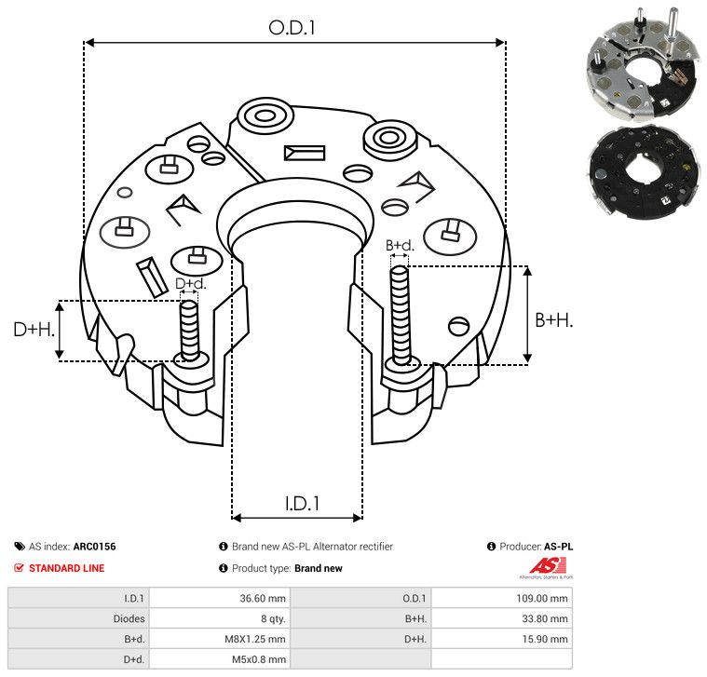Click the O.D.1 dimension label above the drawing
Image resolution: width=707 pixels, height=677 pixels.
292,28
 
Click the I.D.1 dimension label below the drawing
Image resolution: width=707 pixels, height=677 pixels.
302,504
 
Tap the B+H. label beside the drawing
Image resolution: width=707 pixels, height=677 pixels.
553,320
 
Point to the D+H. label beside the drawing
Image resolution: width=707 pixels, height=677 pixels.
34,330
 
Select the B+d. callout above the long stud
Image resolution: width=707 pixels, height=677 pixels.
400,245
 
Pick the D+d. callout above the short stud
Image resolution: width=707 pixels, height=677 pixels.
190,283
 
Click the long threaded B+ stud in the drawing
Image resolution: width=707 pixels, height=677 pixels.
400,315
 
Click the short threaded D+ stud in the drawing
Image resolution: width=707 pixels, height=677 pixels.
189,330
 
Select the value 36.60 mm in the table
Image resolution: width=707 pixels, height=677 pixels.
263,598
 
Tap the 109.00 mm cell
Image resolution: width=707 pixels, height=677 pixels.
542,598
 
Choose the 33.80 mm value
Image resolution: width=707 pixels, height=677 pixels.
545,619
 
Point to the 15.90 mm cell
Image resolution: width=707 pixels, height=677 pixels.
545,639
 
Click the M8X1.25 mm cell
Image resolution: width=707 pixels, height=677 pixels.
255,639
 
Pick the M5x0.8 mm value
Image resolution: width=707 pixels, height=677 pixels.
259,659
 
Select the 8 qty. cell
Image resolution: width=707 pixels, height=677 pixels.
273,619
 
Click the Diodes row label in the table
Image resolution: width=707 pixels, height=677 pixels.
129,619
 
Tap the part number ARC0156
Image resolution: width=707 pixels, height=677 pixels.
95,547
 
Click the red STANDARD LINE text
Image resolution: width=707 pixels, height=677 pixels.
67,568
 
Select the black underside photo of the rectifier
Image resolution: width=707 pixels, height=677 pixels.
645,172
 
